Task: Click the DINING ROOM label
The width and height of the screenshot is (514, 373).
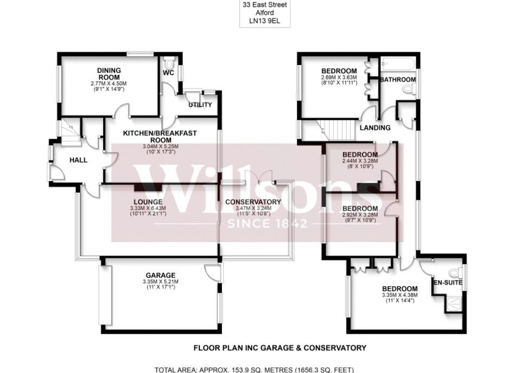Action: (x=109, y=74)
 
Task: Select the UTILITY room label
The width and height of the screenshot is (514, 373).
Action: (x=200, y=105)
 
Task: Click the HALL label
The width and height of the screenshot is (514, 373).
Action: (x=78, y=160)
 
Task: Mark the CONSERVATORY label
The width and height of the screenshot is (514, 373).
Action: (x=253, y=202)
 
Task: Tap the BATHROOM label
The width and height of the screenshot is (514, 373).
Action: (x=397, y=80)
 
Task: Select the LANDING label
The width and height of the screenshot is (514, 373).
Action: (x=375, y=128)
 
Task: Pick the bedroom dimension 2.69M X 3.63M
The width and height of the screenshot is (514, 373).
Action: (x=339, y=78)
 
